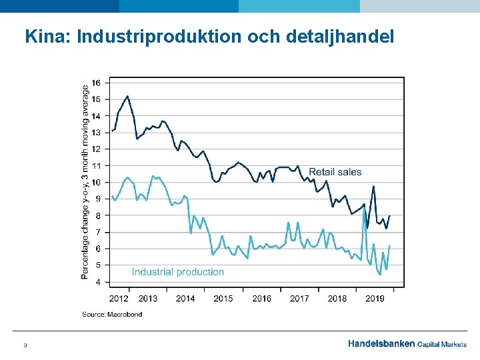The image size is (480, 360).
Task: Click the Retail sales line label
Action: pos(335,172)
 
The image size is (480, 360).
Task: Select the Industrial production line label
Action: pos(178,271)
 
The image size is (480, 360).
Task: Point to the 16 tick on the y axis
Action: pos(97,83)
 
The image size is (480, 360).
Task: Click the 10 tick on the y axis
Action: pos(97,182)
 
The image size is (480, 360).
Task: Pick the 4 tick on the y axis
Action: pos(99,282)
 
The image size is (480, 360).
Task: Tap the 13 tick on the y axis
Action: pos(97,132)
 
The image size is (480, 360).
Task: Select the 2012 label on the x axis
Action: pos(119,298)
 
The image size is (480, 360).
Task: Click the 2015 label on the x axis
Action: pos(223,298)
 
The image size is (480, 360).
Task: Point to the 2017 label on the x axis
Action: pos(299,298)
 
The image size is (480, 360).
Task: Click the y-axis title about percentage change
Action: pos(86,181)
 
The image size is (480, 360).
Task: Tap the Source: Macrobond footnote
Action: pos(112,314)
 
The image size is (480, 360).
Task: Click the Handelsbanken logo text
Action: pos(381,344)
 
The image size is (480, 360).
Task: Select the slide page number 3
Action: pos(25,345)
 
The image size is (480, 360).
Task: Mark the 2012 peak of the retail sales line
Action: pos(127,96)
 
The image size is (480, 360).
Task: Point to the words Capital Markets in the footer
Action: pos(442,344)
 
